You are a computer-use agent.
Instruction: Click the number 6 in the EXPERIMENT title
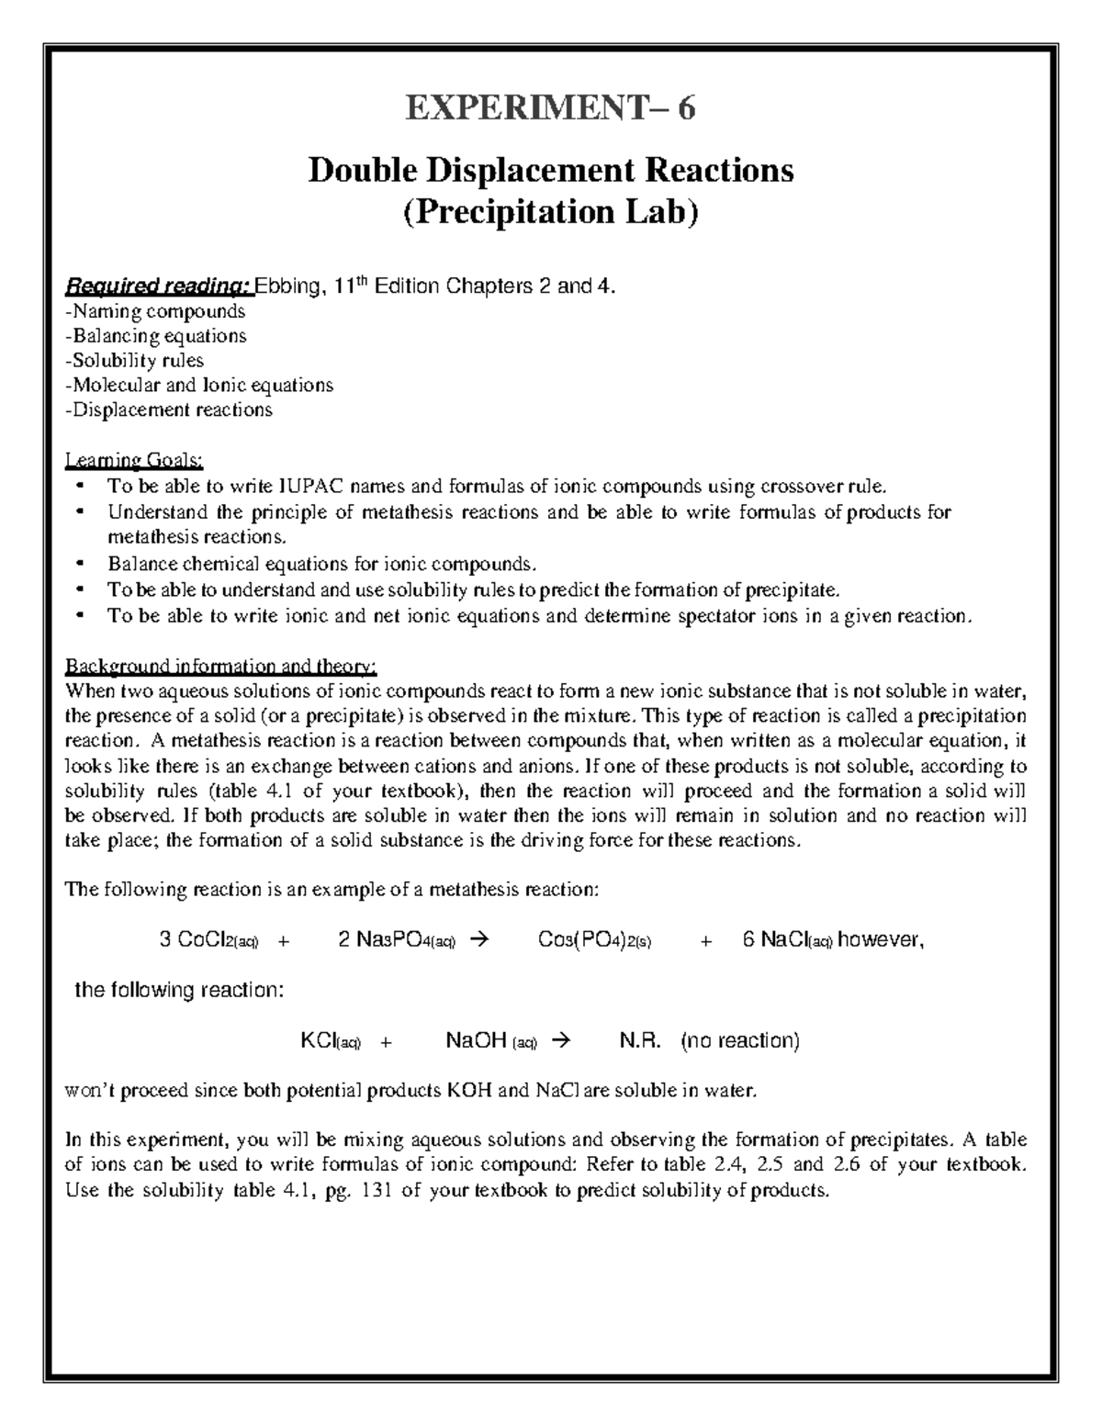pos(685,109)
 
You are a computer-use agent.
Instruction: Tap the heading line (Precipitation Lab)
pos(551,212)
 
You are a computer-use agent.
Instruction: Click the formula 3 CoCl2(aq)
pos(209,940)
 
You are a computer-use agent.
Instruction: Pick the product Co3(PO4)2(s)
pos(594,940)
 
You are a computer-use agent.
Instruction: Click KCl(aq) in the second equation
pos(332,1040)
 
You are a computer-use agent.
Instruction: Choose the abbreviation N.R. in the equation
pos(641,1040)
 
